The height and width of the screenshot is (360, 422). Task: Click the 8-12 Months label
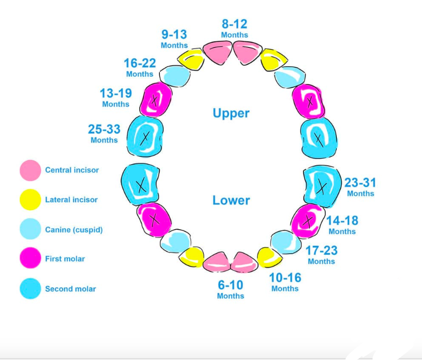(234, 28)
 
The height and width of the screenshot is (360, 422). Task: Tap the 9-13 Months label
(174, 39)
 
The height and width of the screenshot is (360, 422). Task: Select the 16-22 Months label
(139, 68)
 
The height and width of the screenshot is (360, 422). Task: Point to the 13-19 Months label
(115, 98)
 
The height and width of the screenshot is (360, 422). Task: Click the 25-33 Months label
(104, 134)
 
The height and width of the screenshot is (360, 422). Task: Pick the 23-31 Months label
(360, 187)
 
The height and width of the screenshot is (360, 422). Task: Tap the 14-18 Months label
(342, 225)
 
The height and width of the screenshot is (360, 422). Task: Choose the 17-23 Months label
(321, 255)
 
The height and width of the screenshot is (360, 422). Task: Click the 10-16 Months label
(285, 282)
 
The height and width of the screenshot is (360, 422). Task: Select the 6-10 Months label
(230, 289)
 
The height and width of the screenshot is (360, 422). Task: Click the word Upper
(231, 114)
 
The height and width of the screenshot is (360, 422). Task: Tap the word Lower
(231, 200)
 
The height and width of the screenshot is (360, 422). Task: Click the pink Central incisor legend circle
(30, 170)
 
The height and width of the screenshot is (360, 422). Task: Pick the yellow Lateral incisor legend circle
(30, 200)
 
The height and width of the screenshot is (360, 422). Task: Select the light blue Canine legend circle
(30, 229)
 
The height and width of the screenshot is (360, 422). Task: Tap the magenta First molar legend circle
(30, 259)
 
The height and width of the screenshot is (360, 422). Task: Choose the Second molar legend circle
(30, 289)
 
